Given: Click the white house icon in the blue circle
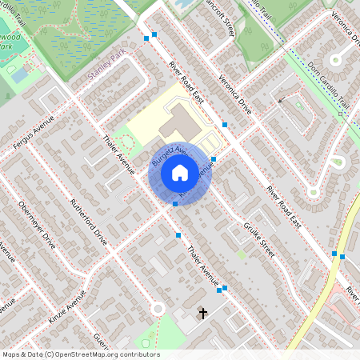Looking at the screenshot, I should pos(180,172).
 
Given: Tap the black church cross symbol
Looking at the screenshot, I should pos(203,312).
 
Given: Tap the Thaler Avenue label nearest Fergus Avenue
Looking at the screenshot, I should pos(118,151).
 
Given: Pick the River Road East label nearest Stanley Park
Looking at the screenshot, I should pos(186,80).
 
